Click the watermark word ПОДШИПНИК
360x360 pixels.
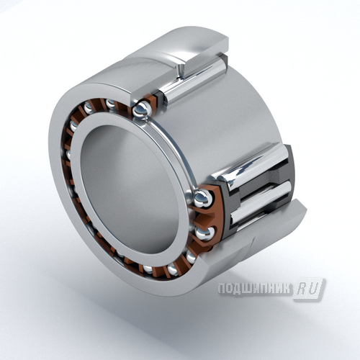point(254,288)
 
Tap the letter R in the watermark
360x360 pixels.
point(302,289)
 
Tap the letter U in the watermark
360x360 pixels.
point(313,289)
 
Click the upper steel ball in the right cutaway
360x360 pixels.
point(203,198)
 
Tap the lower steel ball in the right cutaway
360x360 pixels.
point(204,233)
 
